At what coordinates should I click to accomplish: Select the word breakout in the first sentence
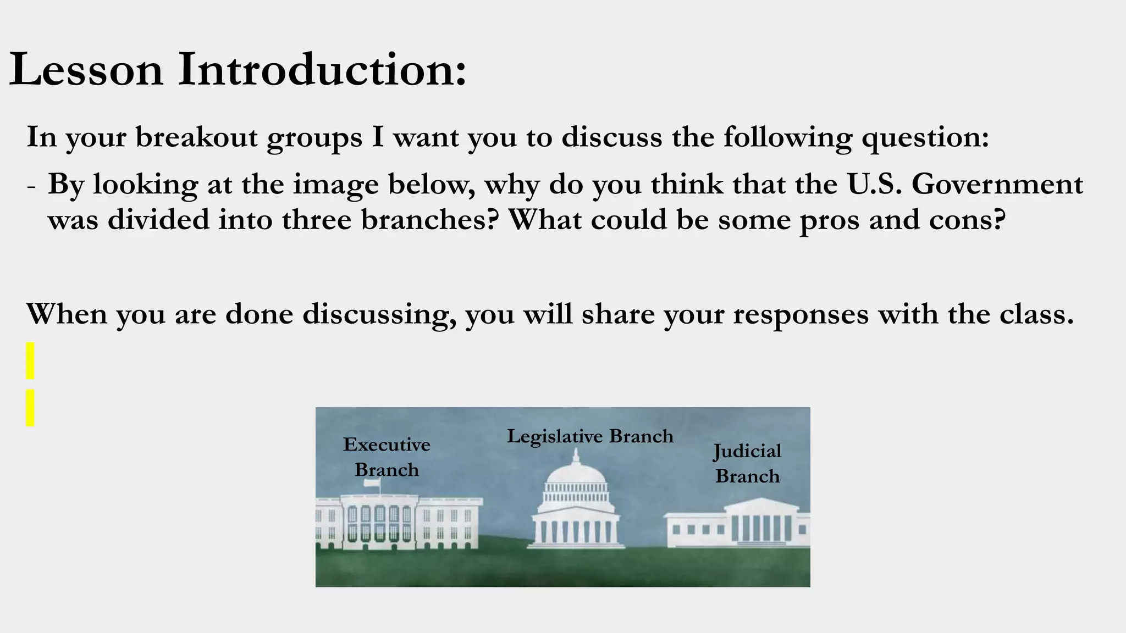point(196,137)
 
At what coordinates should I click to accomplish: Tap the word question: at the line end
point(925,138)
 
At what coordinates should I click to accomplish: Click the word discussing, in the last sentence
point(379,314)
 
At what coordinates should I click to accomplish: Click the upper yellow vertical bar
point(30,360)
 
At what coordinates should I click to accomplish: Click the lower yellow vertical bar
point(30,408)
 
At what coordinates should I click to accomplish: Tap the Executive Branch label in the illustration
point(387,457)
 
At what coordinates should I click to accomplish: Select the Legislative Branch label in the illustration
point(590,436)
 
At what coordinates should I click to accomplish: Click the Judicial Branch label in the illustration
point(747,463)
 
